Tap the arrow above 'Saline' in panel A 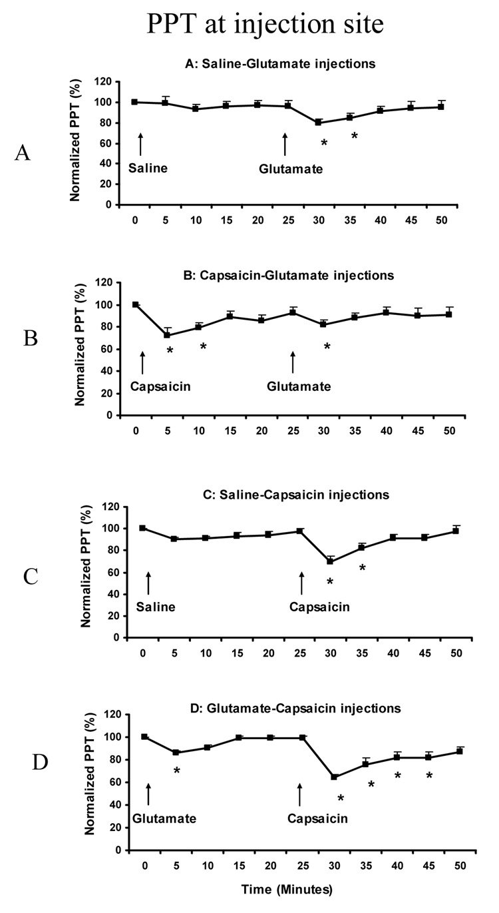pyautogui.click(x=140, y=144)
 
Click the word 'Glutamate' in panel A pyautogui.click(x=291, y=169)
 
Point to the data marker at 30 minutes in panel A pyautogui.click(x=319, y=123)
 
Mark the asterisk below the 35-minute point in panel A pyautogui.click(x=355, y=137)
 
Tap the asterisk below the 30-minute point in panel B pyautogui.click(x=327, y=347)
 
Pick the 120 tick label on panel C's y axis pyautogui.click(x=117, y=507)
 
